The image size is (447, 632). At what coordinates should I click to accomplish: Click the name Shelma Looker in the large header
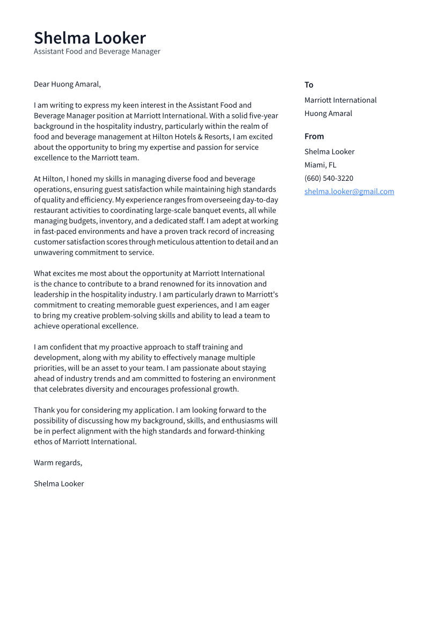coord(90,38)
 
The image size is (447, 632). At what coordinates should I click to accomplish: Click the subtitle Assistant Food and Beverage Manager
coord(97,52)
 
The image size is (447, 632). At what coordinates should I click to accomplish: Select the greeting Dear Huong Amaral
coord(67,84)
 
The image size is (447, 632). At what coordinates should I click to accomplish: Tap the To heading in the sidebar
coord(309,85)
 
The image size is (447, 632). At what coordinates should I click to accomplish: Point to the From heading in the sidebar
coord(314,136)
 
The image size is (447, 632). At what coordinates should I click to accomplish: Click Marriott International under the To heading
coord(340,100)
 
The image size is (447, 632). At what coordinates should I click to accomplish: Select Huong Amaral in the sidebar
coord(328,114)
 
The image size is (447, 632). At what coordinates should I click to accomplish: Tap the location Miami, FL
coord(320,165)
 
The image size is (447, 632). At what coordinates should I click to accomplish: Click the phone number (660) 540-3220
coord(328,179)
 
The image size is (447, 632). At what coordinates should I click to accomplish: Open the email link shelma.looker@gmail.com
coord(349,192)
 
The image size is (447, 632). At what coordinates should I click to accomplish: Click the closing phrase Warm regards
coord(57,463)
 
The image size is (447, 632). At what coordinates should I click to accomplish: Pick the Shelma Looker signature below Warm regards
coord(58,484)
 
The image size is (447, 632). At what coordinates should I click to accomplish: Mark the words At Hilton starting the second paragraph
coord(48,179)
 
